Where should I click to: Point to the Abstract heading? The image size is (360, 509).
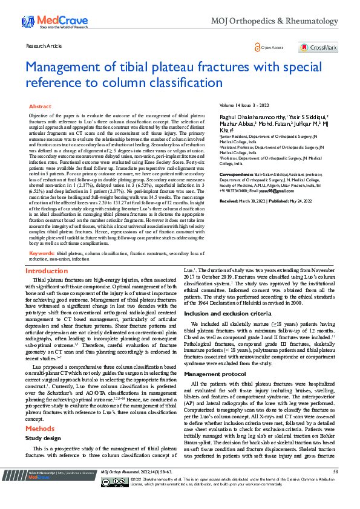coord(41,106)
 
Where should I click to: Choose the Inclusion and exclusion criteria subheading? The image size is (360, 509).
coord(227,314)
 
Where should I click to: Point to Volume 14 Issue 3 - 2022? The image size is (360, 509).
coord(244,106)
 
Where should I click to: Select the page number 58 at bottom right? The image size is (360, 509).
coord(335,487)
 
